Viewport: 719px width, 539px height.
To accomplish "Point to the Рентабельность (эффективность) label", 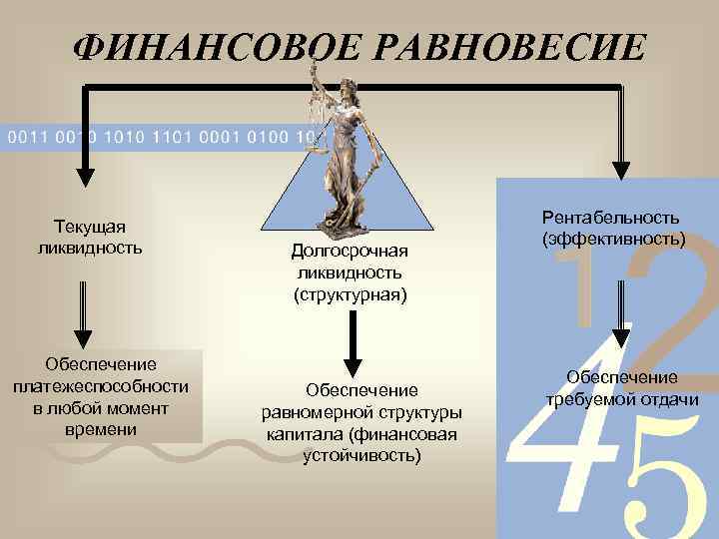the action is pyautogui.click(x=612, y=228).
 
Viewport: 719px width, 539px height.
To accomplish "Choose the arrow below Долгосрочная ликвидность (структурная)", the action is pyautogui.click(x=352, y=344).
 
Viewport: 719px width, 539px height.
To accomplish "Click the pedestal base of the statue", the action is pyautogui.click(x=351, y=224).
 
